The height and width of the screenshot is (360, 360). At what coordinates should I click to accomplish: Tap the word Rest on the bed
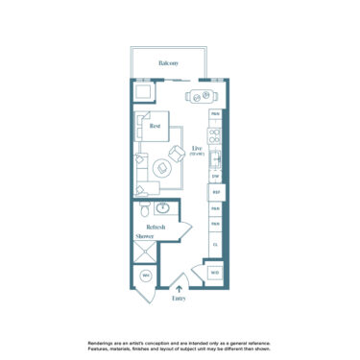pyautogui.click(x=154, y=125)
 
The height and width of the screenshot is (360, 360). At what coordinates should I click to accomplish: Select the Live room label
pyautogui.click(x=197, y=149)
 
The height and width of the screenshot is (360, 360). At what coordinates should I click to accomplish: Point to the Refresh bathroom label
pyautogui.click(x=156, y=227)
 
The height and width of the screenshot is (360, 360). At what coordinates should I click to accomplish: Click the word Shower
pyautogui.click(x=145, y=236)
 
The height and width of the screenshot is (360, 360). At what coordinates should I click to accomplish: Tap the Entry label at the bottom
pyautogui.click(x=180, y=299)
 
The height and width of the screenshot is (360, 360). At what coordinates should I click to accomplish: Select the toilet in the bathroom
pyautogui.click(x=142, y=209)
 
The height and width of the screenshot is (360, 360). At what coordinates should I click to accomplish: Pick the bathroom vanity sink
pyautogui.click(x=164, y=207)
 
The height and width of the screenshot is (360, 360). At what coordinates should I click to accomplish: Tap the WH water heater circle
pyautogui.click(x=146, y=276)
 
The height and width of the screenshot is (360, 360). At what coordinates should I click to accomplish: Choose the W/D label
pyautogui.click(x=216, y=273)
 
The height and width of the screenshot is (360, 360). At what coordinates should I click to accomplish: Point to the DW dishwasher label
pyautogui.click(x=216, y=176)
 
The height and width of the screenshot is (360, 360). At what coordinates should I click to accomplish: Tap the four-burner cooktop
pyautogui.click(x=216, y=135)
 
